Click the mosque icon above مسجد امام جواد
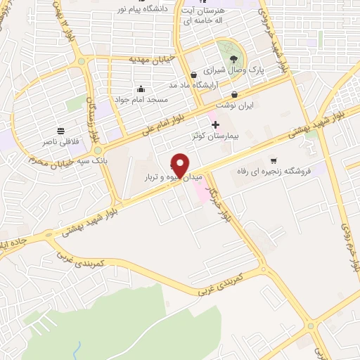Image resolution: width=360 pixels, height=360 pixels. coord(141,89)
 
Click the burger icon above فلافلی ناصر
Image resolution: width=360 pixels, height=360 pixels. coord(61,131)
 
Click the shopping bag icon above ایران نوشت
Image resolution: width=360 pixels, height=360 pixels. coord(234,94)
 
